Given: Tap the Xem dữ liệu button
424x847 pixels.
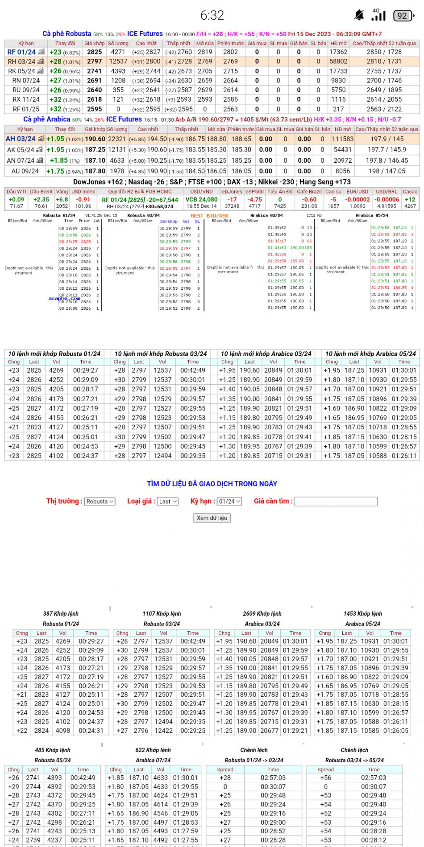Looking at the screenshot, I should (212, 518).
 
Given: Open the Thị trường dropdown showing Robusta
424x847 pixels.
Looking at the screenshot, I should (100, 502).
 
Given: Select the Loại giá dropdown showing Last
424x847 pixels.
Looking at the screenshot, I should (168, 502).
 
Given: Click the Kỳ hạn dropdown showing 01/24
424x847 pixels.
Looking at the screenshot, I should (229, 502).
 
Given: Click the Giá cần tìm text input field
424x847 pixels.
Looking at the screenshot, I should (336, 502).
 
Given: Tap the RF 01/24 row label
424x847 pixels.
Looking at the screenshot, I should (21, 52).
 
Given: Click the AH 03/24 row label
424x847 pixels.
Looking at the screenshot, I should (21, 139).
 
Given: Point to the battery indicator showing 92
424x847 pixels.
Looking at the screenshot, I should (403, 16).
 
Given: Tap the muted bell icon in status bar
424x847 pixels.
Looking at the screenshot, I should (359, 16).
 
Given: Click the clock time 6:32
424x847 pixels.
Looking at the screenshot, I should (212, 16).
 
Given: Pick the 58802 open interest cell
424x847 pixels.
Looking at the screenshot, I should (338, 62).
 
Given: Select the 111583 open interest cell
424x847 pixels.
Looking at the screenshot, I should (342, 139).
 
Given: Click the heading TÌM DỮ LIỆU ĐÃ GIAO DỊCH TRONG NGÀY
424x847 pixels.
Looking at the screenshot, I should (212, 484).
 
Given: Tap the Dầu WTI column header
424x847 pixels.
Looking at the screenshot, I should (17, 192).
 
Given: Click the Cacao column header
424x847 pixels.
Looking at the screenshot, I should (410, 192).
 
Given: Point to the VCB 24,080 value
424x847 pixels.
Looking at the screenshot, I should (201, 200).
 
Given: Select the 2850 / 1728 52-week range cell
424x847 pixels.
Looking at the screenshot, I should (384, 52).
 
